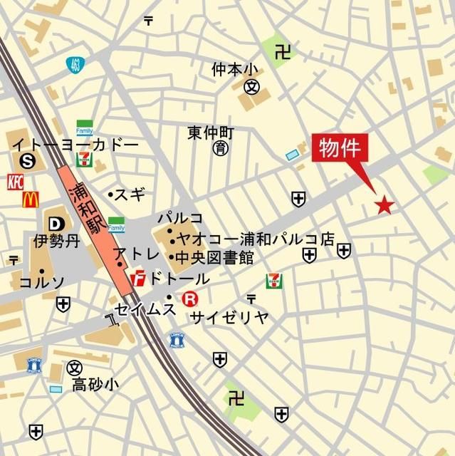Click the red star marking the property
tap(385, 206)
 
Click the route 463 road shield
tap(74, 65)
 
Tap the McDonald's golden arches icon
tap(30, 199)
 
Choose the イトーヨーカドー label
tap(75, 145)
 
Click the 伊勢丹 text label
tap(56, 241)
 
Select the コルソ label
tap(42, 282)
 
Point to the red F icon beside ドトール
tap(140, 276)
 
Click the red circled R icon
tap(189, 299)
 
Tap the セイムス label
tap(145, 308)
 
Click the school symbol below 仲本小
tap(251, 88)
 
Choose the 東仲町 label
tap(211, 133)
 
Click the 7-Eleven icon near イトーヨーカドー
tap(85, 158)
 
